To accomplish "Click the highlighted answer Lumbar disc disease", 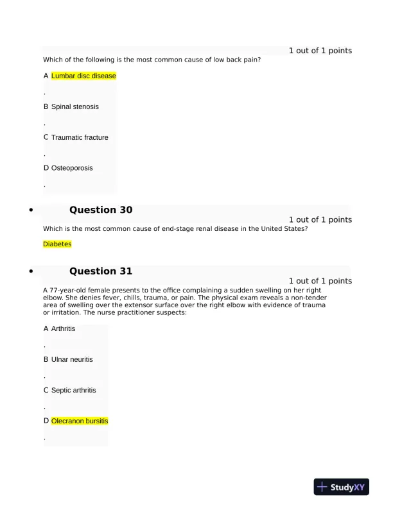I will pos(83,76).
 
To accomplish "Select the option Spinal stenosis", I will pos(75,106).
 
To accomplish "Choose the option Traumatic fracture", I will pos(80,137).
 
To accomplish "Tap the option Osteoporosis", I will pos(72,167).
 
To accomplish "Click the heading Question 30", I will pos(101,210).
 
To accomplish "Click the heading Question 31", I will pos(101,271).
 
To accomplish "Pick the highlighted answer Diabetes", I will pos(57,244).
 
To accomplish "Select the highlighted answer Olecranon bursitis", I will pos(80,421).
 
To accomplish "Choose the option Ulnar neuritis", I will pos(72,359).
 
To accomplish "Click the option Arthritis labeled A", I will pos(63,328).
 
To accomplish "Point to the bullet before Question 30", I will pos(30,210).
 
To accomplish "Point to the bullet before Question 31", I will pos(30,272).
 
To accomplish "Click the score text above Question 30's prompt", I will pos(320,219).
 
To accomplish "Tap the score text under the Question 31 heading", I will pos(320,281).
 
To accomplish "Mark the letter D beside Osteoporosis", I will pos(46,167).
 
